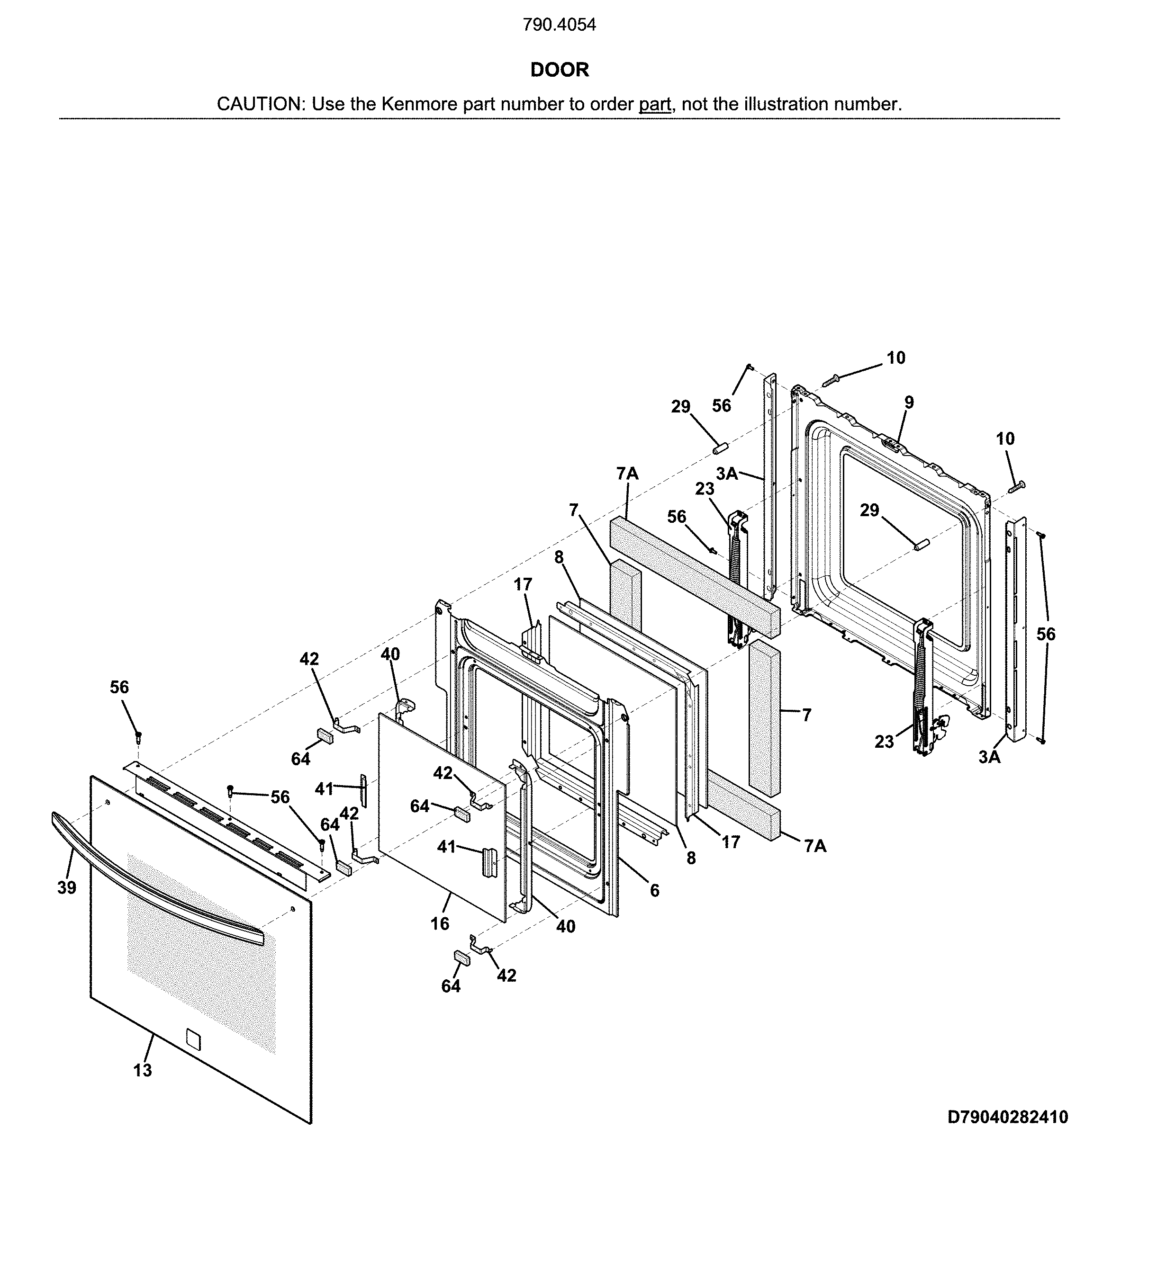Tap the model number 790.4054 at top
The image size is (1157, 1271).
pos(559,25)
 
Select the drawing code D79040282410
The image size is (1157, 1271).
pos(1007,1117)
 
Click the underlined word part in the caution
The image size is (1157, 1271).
pos(654,104)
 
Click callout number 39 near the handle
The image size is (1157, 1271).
pos(67,888)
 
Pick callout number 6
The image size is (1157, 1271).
pos(654,890)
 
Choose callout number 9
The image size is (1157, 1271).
pos(908,402)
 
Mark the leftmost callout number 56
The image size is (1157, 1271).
pos(119,687)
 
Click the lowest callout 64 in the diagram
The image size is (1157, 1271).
pos(451,986)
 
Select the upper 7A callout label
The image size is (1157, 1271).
pos(627,474)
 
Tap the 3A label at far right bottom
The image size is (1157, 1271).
pos(989,757)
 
